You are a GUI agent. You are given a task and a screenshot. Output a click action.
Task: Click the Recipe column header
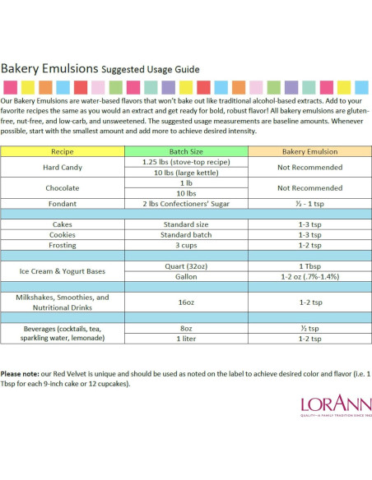(63, 151)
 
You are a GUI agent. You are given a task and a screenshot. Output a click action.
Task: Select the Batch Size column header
(186, 151)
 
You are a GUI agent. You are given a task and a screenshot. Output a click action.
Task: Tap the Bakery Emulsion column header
(309, 151)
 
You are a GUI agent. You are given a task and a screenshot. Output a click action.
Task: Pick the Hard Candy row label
(63, 168)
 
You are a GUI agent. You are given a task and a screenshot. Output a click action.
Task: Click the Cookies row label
(63, 235)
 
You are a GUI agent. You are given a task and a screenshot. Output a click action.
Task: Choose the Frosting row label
(63, 246)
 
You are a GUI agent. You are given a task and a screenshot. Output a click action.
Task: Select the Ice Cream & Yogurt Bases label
(63, 271)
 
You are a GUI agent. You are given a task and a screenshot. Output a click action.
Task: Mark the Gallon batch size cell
(186, 277)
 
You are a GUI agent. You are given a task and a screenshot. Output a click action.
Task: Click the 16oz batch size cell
(186, 302)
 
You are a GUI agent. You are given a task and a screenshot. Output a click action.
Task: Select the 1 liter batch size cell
(186, 339)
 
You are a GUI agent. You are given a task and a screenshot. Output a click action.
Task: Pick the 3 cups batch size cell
(186, 246)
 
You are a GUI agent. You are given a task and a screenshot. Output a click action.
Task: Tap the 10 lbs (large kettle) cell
(186, 173)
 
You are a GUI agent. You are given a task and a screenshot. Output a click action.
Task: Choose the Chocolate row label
(63, 188)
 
